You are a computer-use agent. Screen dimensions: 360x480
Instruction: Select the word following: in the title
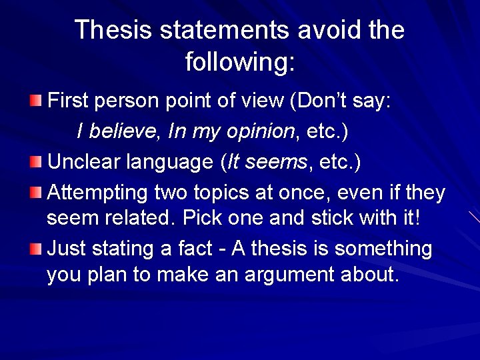click(239, 62)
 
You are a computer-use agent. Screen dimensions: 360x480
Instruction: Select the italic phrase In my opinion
click(231, 131)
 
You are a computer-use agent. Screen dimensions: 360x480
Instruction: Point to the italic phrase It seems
click(257, 162)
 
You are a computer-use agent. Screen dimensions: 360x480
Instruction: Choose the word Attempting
click(98, 193)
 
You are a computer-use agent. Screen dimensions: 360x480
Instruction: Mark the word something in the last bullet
click(383, 249)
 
